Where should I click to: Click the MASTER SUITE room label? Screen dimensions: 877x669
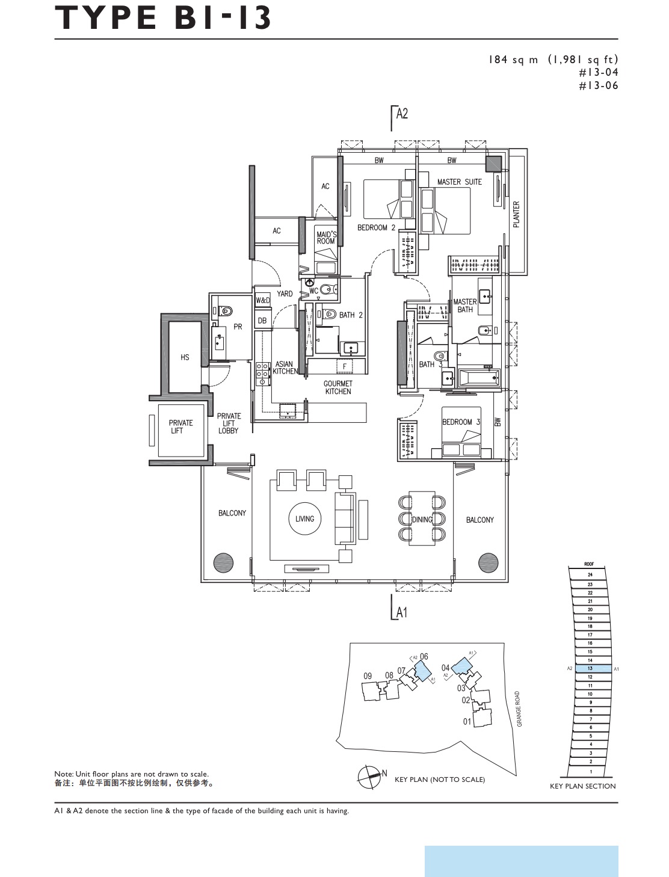tap(459, 182)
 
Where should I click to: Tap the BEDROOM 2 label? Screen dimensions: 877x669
tap(376, 227)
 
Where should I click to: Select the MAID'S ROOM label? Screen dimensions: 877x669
tap(325, 238)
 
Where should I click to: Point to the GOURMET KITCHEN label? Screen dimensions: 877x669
tap(338, 387)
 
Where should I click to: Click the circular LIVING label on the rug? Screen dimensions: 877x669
tap(304, 519)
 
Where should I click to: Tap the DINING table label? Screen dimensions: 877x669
tap(422, 520)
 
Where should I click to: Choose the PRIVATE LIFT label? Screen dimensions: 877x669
tap(180, 426)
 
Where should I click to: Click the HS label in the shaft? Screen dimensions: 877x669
tap(185, 357)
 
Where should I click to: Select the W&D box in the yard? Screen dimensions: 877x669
tap(263, 300)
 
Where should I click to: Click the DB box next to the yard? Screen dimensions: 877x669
tap(262, 321)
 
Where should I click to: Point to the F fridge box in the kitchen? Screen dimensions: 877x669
tap(344, 366)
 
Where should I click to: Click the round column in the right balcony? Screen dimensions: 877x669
tap(488, 562)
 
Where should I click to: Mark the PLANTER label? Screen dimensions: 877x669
tap(516, 214)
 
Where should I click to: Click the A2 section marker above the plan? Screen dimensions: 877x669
tap(401, 114)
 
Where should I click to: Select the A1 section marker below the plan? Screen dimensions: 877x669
tap(401, 612)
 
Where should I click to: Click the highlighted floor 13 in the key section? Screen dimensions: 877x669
tap(590, 668)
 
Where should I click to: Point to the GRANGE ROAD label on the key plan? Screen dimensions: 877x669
tap(519, 709)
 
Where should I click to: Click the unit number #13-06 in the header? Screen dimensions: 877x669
tap(598, 85)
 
